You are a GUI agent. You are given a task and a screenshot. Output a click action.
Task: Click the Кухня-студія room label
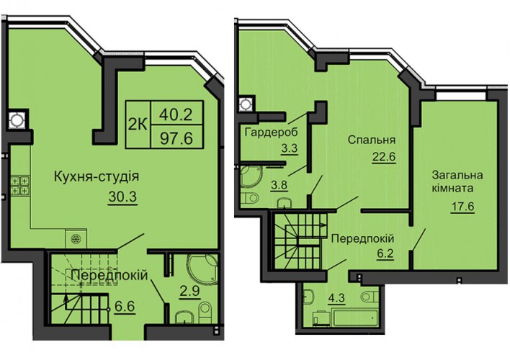point(97,176)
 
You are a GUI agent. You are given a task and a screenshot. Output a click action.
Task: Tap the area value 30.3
point(122,197)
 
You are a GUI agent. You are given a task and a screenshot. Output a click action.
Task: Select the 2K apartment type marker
point(138,125)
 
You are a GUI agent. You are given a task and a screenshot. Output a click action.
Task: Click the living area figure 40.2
point(176,114)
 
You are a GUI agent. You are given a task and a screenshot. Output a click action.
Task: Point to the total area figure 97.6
point(176,138)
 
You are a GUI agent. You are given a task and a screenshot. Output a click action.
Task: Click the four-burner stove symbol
point(20,185)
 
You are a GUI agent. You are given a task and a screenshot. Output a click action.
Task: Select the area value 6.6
point(124,306)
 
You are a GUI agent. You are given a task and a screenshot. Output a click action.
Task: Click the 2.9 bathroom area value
point(189,290)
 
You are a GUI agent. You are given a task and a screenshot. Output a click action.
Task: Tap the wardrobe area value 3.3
point(290,149)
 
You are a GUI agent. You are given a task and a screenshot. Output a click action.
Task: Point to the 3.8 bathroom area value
point(279,185)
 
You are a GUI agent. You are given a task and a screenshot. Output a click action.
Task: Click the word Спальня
point(372,140)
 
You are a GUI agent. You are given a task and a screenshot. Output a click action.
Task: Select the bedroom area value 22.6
point(384,157)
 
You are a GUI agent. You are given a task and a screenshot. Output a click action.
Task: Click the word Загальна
point(457,175)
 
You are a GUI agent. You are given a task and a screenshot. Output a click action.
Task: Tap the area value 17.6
point(462,206)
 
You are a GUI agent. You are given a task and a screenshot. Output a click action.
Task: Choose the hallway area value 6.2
point(385,253)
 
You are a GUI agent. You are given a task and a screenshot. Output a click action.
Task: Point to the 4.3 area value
point(336,298)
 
